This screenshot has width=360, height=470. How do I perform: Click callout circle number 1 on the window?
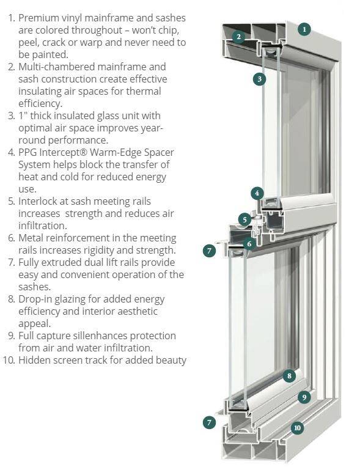click(304, 29)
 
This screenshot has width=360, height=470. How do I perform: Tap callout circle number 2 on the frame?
click(238, 37)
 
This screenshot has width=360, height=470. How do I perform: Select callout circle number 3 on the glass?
click(259, 79)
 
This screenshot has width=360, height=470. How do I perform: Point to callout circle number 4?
click(257, 193)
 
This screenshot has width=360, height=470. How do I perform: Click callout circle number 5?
click(245, 219)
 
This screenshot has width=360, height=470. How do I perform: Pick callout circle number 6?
click(249, 244)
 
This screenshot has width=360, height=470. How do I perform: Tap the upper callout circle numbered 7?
click(209, 251)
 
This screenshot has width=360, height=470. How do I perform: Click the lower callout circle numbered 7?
click(209, 423)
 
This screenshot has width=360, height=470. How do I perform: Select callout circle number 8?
click(289, 376)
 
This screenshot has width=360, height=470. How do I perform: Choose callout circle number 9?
click(304, 397)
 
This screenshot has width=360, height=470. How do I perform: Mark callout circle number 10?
click(297, 427)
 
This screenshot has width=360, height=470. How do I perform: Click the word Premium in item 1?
click(39, 18)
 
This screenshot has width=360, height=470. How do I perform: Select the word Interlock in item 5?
click(38, 201)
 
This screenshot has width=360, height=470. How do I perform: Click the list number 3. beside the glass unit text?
click(12, 116)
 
